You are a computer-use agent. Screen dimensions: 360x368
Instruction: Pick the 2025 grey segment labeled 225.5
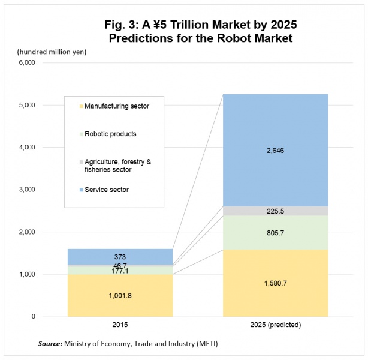point(276,211)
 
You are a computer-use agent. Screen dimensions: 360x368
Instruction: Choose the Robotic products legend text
point(110,134)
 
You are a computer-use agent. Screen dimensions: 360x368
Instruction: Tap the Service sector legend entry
point(107,190)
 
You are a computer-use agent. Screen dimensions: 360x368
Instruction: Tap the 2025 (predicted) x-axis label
point(276,325)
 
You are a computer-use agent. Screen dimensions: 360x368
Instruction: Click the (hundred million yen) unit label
point(52,51)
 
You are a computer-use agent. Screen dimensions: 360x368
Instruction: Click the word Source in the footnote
point(51,344)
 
